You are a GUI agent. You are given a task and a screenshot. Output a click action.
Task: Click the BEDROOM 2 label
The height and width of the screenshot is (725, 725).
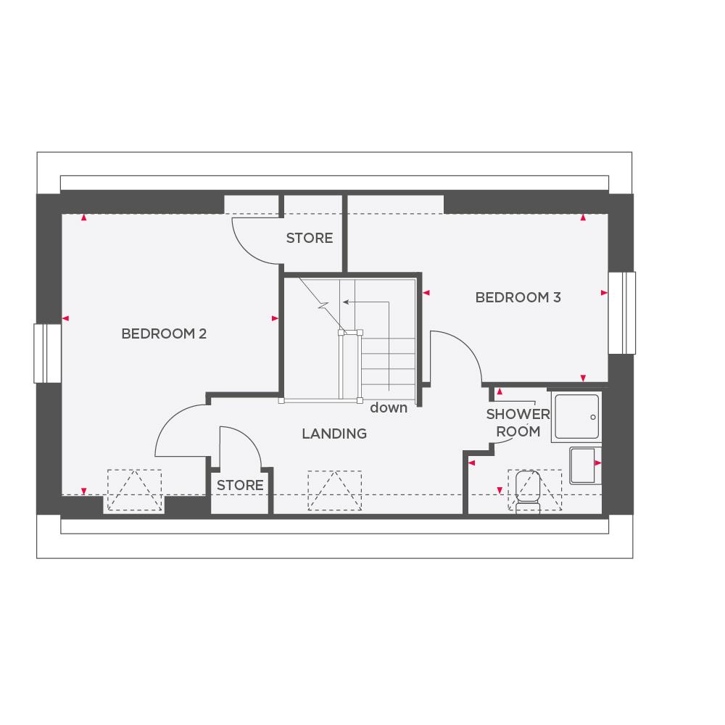[x=164, y=333]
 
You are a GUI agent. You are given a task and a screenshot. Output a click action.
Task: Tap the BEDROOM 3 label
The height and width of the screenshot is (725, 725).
[x=518, y=297]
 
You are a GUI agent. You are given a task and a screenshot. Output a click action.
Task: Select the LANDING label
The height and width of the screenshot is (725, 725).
[x=334, y=434]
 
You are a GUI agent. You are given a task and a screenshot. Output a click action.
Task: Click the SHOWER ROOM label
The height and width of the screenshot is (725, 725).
[x=518, y=423]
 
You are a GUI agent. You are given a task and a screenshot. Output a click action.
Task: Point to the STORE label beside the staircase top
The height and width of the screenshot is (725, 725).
[x=309, y=238]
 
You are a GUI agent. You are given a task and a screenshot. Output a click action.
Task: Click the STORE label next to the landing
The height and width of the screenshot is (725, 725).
[x=240, y=485]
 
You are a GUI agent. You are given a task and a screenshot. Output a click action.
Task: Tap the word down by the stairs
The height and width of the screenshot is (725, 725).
[x=389, y=407]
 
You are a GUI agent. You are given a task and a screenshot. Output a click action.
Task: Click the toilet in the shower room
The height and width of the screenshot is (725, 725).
[x=528, y=490]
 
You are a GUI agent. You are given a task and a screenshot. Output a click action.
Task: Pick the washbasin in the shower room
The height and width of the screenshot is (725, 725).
[x=584, y=465]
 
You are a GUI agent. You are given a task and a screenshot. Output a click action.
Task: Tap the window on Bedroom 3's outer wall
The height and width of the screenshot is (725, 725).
[x=621, y=312]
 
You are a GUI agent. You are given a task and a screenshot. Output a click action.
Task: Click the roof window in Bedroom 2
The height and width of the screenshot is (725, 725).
[x=134, y=491]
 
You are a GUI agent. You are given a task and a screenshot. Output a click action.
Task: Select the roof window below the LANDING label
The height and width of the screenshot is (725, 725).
[x=334, y=491]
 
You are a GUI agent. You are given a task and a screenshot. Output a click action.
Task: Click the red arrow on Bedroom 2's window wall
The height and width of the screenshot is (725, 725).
[x=65, y=318]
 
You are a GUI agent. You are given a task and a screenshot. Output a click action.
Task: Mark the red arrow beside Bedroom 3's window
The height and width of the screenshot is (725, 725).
[x=604, y=293]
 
